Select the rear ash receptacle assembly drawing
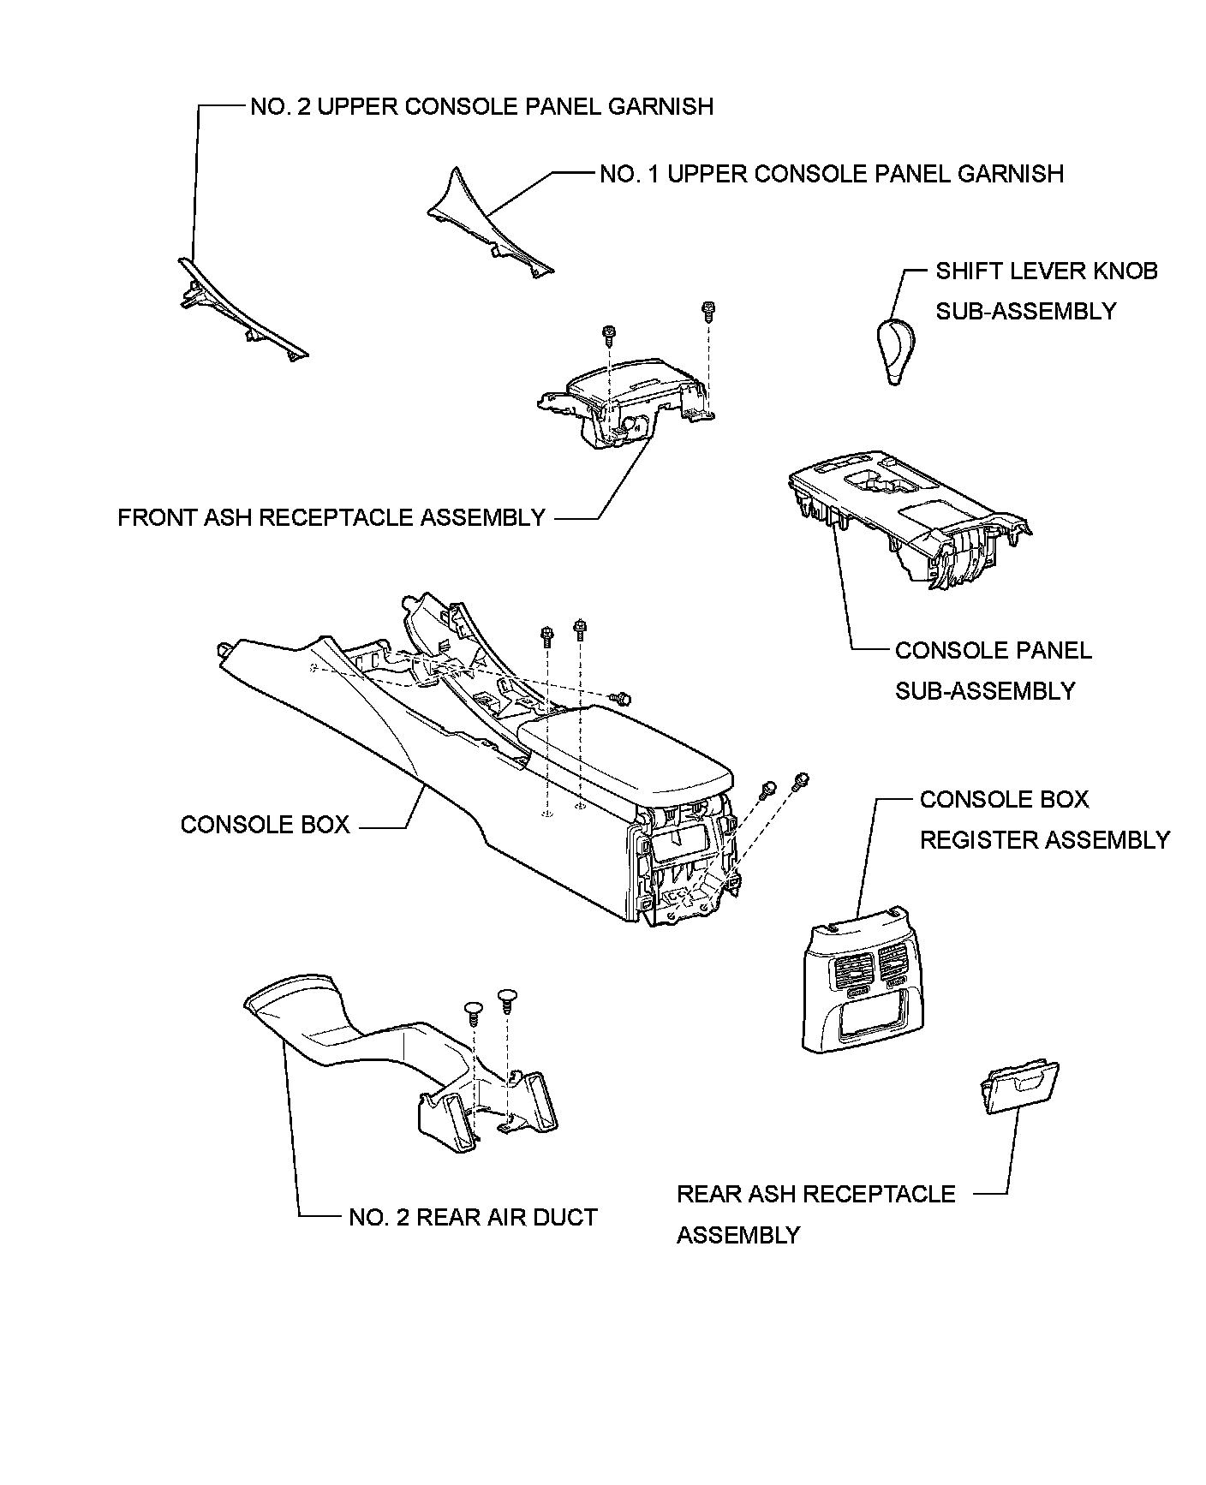(1020, 1088)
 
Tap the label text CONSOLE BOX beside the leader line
(265, 825)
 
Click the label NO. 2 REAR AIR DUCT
(473, 1217)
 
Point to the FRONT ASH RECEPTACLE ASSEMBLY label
(331, 517)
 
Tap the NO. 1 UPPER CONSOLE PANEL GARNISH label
(832, 173)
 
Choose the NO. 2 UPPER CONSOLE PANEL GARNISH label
(482, 106)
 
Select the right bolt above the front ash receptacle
(708, 311)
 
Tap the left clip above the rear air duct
(472, 1010)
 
